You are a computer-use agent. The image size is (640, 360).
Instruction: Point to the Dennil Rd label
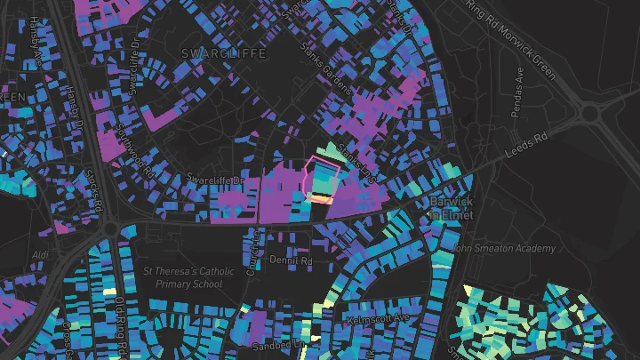pyautogui.click(x=292, y=261)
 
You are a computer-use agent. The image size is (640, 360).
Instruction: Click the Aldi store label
pyautogui.click(x=40, y=255)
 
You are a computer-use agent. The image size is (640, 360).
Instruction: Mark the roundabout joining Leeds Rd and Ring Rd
pyautogui.click(x=590, y=113)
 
